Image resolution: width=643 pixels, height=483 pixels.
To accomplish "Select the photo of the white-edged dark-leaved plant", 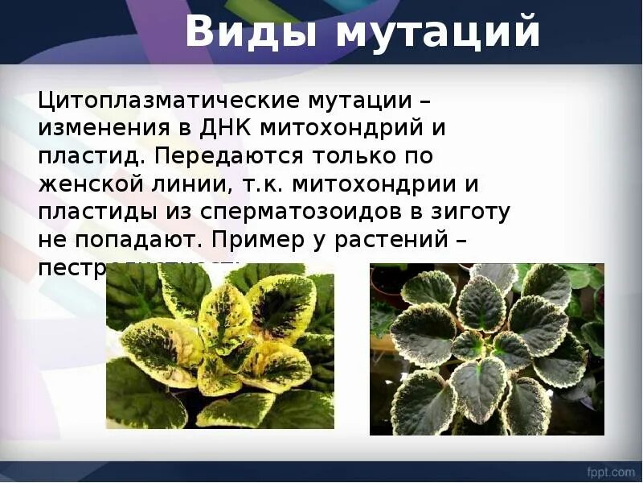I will pyautogui.click(x=486, y=349).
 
